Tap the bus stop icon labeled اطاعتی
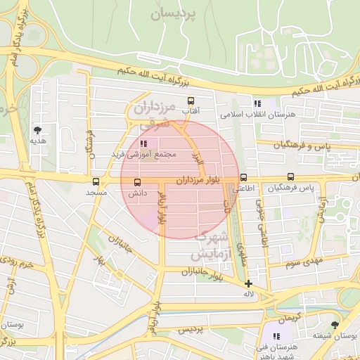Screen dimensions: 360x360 tap(244, 178)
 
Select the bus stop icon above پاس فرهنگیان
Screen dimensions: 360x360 tap(290, 178)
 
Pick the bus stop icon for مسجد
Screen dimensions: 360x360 tap(96, 181)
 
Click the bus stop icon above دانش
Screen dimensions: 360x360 tap(137, 182)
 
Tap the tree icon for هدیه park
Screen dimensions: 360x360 tap(37, 130)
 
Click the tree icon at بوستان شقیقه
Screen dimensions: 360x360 tap(334, 324)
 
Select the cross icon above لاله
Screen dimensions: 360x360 tap(247, 283)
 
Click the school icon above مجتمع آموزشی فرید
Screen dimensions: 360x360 tap(144, 143)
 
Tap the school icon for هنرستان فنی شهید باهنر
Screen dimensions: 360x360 tap(277, 337)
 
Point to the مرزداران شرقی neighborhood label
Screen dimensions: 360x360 tap(153, 116)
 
